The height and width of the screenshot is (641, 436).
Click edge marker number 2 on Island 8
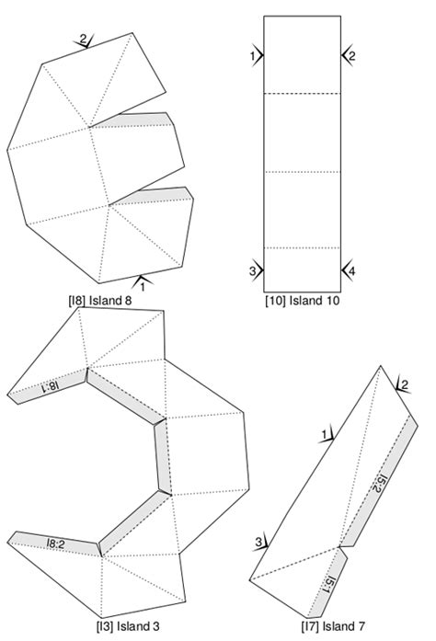tap(84, 40)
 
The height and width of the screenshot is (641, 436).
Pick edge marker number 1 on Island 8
tap(142, 284)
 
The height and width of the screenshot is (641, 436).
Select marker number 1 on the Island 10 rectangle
tap(253, 57)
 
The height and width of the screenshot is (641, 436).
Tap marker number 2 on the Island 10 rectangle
tap(351, 56)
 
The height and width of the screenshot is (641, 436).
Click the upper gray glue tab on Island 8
tap(133, 119)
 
